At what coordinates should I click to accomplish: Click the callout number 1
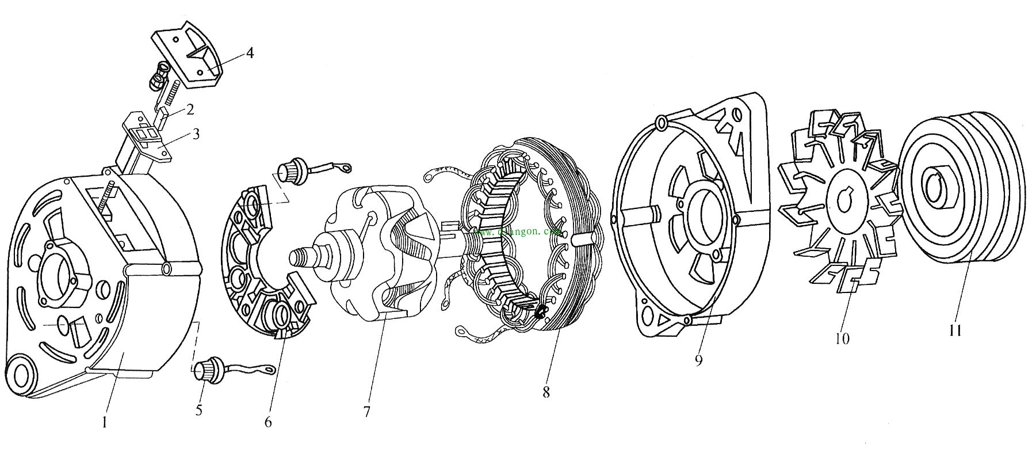(x=104, y=423)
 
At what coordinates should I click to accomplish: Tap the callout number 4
(x=249, y=53)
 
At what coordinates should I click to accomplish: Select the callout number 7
(x=366, y=412)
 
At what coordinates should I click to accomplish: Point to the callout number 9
(x=698, y=360)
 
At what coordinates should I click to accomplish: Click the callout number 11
(x=955, y=331)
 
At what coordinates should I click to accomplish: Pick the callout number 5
(x=199, y=410)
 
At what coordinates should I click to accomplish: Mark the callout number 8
(x=545, y=392)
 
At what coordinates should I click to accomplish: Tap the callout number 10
(x=842, y=338)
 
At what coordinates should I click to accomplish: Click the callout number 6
(x=268, y=422)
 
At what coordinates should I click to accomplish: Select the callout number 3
(x=196, y=134)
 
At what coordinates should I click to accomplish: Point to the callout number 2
(x=189, y=109)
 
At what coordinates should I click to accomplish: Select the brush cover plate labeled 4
(x=187, y=55)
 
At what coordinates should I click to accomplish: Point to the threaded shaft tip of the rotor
(x=301, y=254)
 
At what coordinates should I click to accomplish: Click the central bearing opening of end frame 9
(x=706, y=216)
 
